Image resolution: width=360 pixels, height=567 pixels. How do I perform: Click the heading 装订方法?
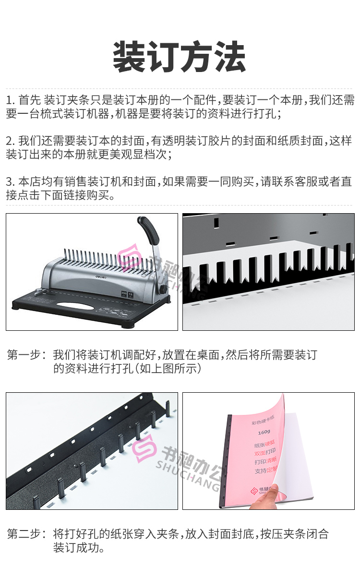coord(180,57)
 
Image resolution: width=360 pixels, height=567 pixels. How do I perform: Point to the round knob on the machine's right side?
coord(164,290)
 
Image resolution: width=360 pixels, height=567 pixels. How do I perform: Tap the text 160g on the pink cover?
coord(264,432)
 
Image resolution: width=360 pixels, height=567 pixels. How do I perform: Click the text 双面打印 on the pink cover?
coord(265,452)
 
